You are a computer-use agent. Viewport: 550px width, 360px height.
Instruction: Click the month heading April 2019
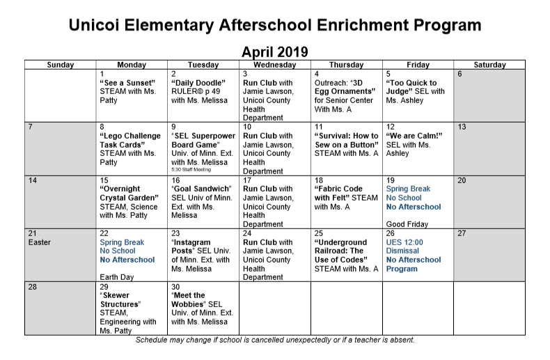coord(274,52)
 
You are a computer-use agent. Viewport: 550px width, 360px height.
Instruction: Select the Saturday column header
coord(489,65)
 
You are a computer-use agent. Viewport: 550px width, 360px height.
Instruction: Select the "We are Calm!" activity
coord(414,136)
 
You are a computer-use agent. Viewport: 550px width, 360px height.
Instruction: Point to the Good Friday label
coord(406,224)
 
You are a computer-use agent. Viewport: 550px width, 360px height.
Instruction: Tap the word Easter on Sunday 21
coord(40,242)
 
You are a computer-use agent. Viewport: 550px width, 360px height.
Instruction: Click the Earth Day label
coord(117,278)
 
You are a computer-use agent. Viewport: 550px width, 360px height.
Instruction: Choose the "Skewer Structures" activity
coord(120,300)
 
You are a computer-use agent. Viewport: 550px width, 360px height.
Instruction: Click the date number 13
coord(462,127)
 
